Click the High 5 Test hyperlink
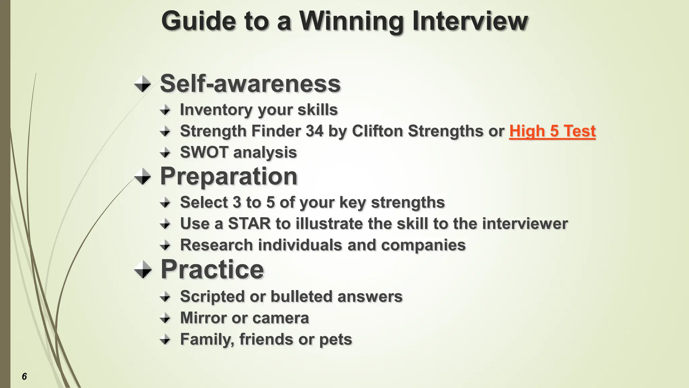(552, 131)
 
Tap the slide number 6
(24, 376)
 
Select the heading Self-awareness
(250, 84)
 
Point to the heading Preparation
(229, 176)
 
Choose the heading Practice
(212, 269)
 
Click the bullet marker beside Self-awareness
(142, 84)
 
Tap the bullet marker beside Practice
(142, 270)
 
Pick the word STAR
(249, 224)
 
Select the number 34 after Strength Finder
(315, 131)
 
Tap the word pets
(335, 339)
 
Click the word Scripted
(212, 297)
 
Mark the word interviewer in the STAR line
(525, 224)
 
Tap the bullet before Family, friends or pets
(165, 339)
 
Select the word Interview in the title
(470, 21)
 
